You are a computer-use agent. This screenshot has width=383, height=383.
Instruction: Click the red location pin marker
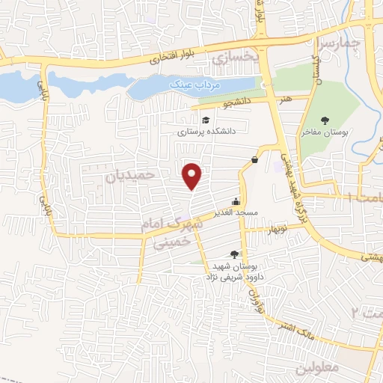point(193,175)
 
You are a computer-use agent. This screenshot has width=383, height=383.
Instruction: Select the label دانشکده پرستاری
point(206,131)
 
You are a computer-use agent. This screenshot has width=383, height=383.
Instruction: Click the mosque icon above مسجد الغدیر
point(237,201)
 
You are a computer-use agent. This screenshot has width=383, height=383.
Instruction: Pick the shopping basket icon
point(255,159)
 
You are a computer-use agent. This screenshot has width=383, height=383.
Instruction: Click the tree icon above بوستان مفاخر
point(325,120)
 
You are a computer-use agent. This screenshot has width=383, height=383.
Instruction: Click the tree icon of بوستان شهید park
point(235,255)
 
